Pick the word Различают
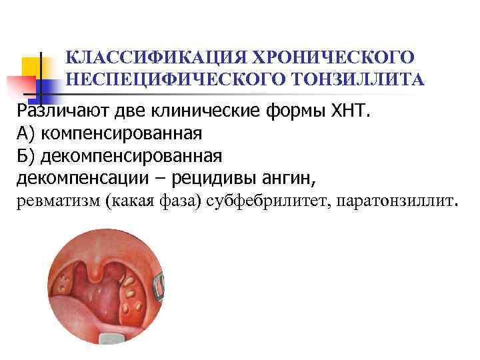59,110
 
